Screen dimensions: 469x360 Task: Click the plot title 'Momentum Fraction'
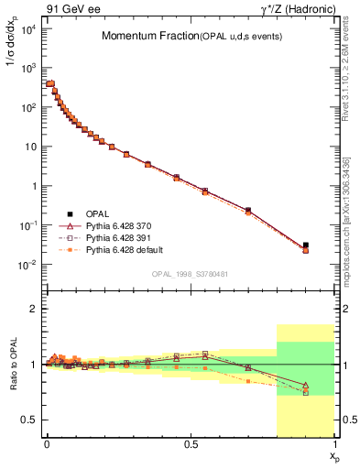145,36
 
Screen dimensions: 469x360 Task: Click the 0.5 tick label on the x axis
191,443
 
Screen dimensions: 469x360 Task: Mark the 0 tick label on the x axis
47,443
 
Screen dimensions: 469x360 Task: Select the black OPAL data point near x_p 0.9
306,245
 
